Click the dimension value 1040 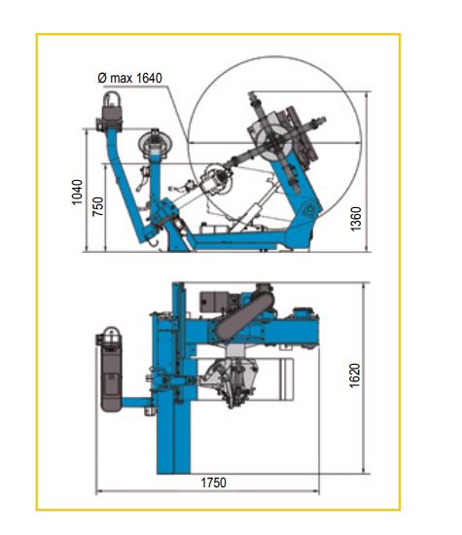(x=78, y=192)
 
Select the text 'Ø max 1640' (x=130, y=78)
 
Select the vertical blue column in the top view (x=177, y=389)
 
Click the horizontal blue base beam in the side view (x=243, y=236)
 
